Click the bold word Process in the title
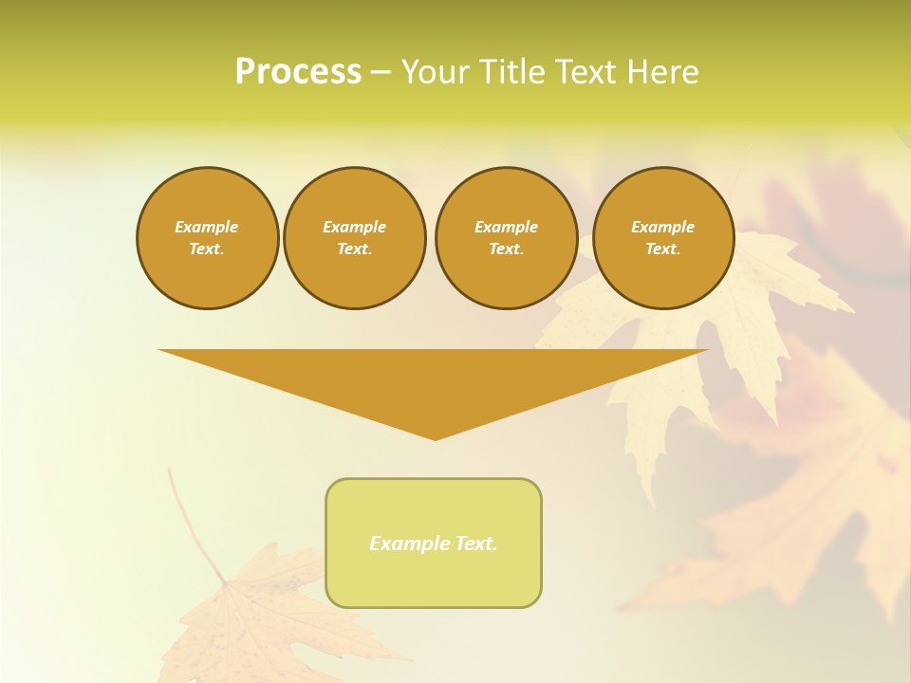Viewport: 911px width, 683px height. coord(298,72)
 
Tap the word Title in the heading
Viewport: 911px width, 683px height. coord(508,72)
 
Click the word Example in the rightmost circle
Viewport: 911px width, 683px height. coord(663,227)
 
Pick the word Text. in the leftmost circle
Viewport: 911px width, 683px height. coord(207,249)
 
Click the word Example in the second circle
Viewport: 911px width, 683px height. coord(354,227)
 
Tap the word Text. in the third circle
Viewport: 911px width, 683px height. coord(506,249)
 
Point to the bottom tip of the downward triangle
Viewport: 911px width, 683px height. coord(435,437)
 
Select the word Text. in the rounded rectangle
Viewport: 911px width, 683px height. coord(475,544)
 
